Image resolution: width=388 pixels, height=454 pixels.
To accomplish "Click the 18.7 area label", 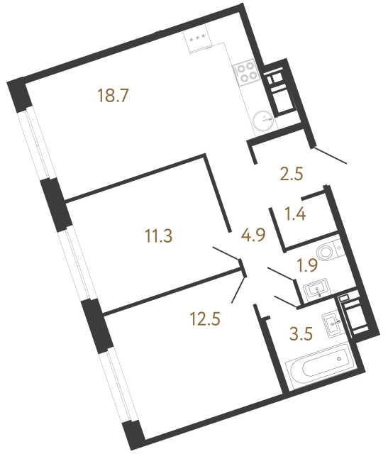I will [x=116, y=95].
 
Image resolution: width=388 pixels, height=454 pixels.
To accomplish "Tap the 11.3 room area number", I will [x=160, y=236].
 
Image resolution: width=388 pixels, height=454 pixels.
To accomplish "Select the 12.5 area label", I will [x=206, y=319].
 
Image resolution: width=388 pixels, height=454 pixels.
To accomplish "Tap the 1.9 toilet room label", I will [x=306, y=267].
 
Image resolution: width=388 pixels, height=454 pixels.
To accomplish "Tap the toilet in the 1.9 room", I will [x=328, y=251].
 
